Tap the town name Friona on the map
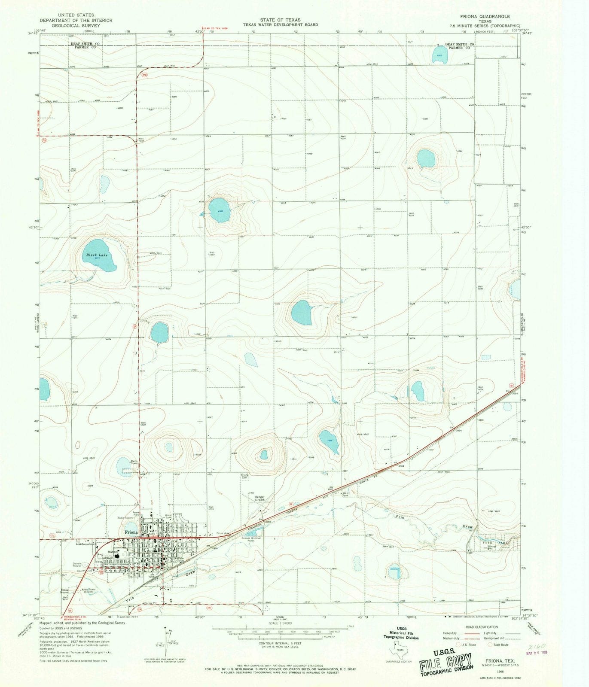coord(131,532)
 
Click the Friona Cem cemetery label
coord(245,476)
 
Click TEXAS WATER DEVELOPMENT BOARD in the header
coord(280,25)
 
